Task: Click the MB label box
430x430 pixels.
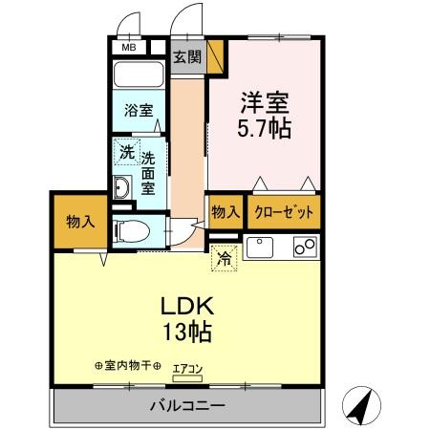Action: [x=127, y=46]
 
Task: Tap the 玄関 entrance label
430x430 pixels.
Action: [x=186, y=56]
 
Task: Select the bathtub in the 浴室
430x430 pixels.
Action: [x=140, y=76]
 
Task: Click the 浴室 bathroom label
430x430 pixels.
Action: [x=138, y=111]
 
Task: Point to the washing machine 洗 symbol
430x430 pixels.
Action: [x=126, y=151]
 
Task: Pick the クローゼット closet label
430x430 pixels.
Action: [x=283, y=212]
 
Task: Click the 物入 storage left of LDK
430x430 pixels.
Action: [x=80, y=222]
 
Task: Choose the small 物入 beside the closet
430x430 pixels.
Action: [x=225, y=212]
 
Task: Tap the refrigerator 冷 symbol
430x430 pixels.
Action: [x=224, y=256]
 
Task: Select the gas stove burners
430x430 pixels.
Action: [x=307, y=247]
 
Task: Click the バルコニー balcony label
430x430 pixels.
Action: [x=187, y=405]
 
